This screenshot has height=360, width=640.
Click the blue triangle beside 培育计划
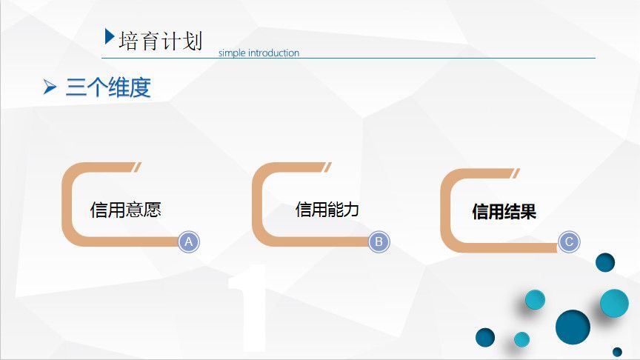(109, 36)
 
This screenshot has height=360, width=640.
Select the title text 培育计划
(161, 41)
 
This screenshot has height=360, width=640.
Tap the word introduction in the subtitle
(273, 53)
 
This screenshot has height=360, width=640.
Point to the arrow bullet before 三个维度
(50, 87)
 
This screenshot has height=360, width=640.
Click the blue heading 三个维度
(108, 87)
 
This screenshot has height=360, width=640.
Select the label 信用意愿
(126, 210)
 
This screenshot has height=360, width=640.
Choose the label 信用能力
(327, 210)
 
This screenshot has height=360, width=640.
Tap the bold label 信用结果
(504, 212)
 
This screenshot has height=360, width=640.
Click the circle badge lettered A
(189, 242)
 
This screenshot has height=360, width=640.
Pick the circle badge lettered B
(379, 242)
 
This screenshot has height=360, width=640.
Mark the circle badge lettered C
(569, 242)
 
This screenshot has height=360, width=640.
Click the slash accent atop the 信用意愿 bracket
(138, 167)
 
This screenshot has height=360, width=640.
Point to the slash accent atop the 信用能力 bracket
(327, 167)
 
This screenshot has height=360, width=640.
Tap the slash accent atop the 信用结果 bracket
(516, 173)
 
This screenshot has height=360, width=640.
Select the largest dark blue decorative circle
(573, 327)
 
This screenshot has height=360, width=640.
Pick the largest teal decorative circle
(614, 303)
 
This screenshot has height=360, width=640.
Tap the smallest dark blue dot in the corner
(617, 351)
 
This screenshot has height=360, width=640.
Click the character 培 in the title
(129, 41)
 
